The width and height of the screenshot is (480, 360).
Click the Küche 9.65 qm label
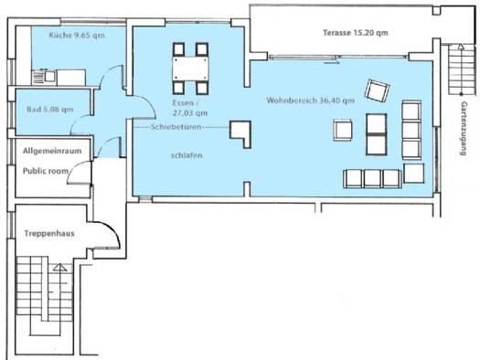pyautogui.click(x=77, y=35)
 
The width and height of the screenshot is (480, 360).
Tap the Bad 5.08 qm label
pyautogui.click(x=50, y=110)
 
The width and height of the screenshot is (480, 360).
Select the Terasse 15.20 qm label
pyautogui.click(x=356, y=33)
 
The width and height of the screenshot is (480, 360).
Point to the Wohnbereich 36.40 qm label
pyautogui.click(x=311, y=101)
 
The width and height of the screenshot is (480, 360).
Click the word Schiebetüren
pyautogui.click(x=176, y=127)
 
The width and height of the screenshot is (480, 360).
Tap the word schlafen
pyautogui.click(x=187, y=155)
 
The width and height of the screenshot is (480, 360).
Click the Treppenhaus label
pyautogui.click(x=49, y=234)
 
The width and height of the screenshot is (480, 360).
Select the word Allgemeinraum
pyautogui.click(x=52, y=151)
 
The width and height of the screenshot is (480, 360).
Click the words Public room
pyautogui.click(x=46, y=171)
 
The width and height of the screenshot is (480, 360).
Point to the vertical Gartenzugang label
pyautogui.click(x=464, y=129)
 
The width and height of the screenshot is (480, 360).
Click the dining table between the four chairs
pyautogui.click(x=190, y=69)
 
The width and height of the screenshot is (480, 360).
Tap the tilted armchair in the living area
pyautogui.click(x=377, y=90)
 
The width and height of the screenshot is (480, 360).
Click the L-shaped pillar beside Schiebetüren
pyautogui.click(x=240, y=134)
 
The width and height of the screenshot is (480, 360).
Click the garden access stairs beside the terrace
pyautogui.click(x=461, y=69)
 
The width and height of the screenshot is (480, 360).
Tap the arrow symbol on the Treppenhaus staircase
pyautogui.click(x=60, y=268)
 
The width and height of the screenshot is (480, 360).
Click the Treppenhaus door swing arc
pyautogui.click(x=111, y=231)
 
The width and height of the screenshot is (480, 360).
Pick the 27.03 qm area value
pyautogui.click(x=190, y=113)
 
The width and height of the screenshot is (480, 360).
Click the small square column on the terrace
pyautogui.click(x=436, y=11)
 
